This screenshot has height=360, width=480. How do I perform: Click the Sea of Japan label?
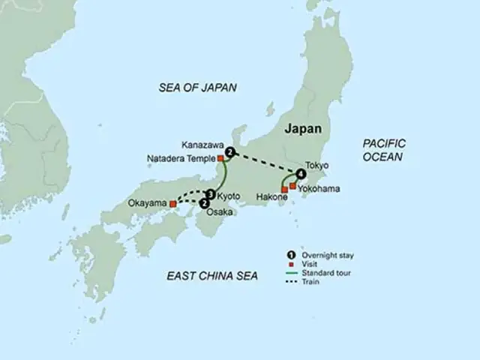[x=197, y=88]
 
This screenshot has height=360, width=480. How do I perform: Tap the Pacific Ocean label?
[x=384, y=150]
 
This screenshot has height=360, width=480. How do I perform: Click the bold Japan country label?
[x=304, y=129]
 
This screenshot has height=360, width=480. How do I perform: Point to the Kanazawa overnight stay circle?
[x=230, y=153]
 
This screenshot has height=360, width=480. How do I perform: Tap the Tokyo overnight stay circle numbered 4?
[x=301, y=175]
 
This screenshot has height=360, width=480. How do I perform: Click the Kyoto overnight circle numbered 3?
[x=211, y=195]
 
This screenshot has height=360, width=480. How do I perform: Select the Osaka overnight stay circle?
[x=204, y=202]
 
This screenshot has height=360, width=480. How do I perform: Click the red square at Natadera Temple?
[x=220, y=158]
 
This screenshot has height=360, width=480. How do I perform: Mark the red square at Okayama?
[x=173, y=203]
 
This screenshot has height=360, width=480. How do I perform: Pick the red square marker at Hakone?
[x=284, y=189]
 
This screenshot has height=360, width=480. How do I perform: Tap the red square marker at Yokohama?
[x=292, y=184]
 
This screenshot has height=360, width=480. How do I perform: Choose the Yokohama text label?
[x=319, y=189]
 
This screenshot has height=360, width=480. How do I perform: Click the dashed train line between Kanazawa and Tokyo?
[x=266, y=164]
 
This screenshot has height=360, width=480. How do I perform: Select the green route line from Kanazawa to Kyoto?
[x=223, y=176]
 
